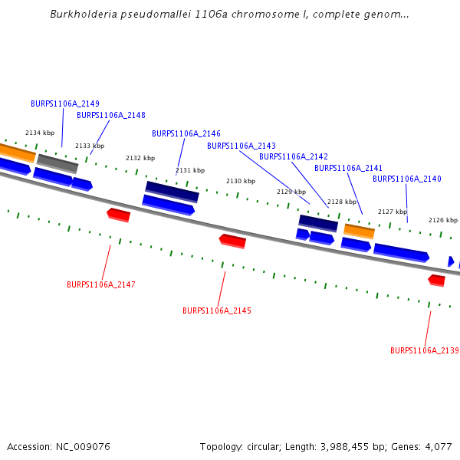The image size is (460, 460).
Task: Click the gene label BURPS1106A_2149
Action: pos(65,103)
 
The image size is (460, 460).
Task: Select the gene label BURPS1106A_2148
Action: pos(111,115)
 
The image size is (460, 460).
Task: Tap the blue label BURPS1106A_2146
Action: pos(186,133)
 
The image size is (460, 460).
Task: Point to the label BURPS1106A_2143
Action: pos(242,146)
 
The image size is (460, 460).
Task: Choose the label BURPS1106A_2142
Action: pos(294,156)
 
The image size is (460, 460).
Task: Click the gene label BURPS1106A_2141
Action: pos(349,168)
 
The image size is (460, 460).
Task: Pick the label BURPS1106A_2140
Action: pos(407,179)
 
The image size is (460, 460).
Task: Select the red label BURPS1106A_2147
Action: pos(101,284)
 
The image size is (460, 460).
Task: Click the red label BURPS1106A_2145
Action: pos(217,310)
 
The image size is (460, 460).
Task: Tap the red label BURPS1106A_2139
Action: pos(425,350)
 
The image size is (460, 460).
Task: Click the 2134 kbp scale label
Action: pos(40,133)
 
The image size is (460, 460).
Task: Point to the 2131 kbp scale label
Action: pos(190,170)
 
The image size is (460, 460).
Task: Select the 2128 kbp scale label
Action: pos(342,202)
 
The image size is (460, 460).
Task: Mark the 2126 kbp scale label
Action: pos(443,219)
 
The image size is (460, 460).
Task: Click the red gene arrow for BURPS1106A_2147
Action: pos(118,214)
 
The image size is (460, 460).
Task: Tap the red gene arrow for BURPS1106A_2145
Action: pos(232,241)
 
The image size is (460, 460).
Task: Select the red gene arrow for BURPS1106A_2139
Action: pos(436,280)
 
